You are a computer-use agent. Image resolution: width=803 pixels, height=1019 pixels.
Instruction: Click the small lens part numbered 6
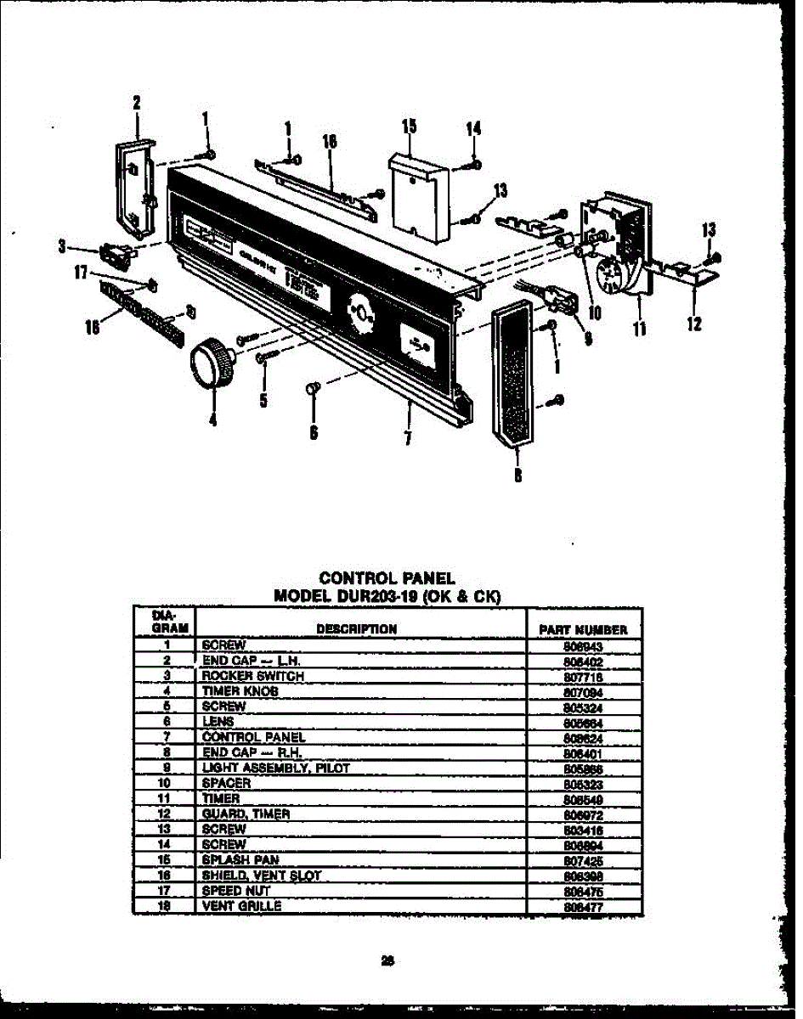click(x=311, y=389)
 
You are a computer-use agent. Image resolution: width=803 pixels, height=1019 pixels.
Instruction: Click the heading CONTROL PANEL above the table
click(x=387, y=578)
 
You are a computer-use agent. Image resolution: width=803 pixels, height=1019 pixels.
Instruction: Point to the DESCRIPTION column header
click(x=356, y=629)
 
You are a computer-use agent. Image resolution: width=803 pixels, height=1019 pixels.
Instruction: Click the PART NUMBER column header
click(x=583, y=630)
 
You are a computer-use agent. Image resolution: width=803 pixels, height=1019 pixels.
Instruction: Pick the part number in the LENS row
click(x=582, y=722)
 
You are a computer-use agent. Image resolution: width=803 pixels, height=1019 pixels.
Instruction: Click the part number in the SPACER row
click(x=582, y=783)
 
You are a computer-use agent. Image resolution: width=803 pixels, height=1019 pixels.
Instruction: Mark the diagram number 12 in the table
click(x=167, y=814)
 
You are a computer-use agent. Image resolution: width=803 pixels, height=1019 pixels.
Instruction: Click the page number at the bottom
click(x=387, y=961)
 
